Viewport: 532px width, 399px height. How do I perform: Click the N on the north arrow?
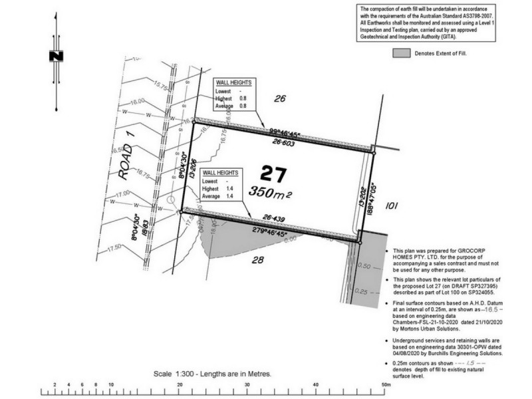(x=55, y=56)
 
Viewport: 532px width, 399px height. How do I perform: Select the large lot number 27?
(x=273, y=175)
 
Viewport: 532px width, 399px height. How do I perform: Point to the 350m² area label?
(x=272, y=192)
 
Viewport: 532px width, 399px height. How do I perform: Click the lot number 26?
(x=280, y=99)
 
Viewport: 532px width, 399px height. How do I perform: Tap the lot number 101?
(x=391, y=206)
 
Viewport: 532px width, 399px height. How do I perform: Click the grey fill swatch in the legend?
(x=401, y=52)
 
